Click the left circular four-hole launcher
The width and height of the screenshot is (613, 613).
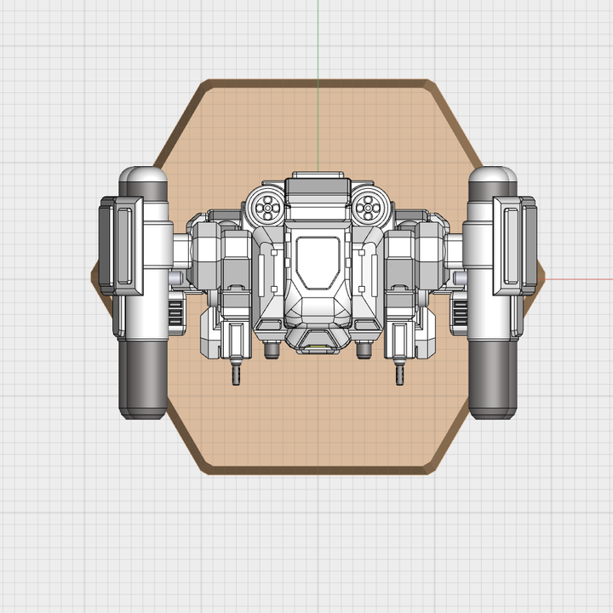(x=267, y=205)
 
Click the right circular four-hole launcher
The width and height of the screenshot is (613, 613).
(x=370, y=205)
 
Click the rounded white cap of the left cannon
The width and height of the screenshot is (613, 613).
(x=143, y=181)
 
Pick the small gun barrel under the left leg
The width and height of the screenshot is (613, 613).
(x=237, y=374)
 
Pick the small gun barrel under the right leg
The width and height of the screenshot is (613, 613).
(x=398, y=374)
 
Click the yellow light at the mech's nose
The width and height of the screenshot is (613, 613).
(x=318, y=347)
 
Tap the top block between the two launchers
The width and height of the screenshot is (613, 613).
(x=318, y=186)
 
